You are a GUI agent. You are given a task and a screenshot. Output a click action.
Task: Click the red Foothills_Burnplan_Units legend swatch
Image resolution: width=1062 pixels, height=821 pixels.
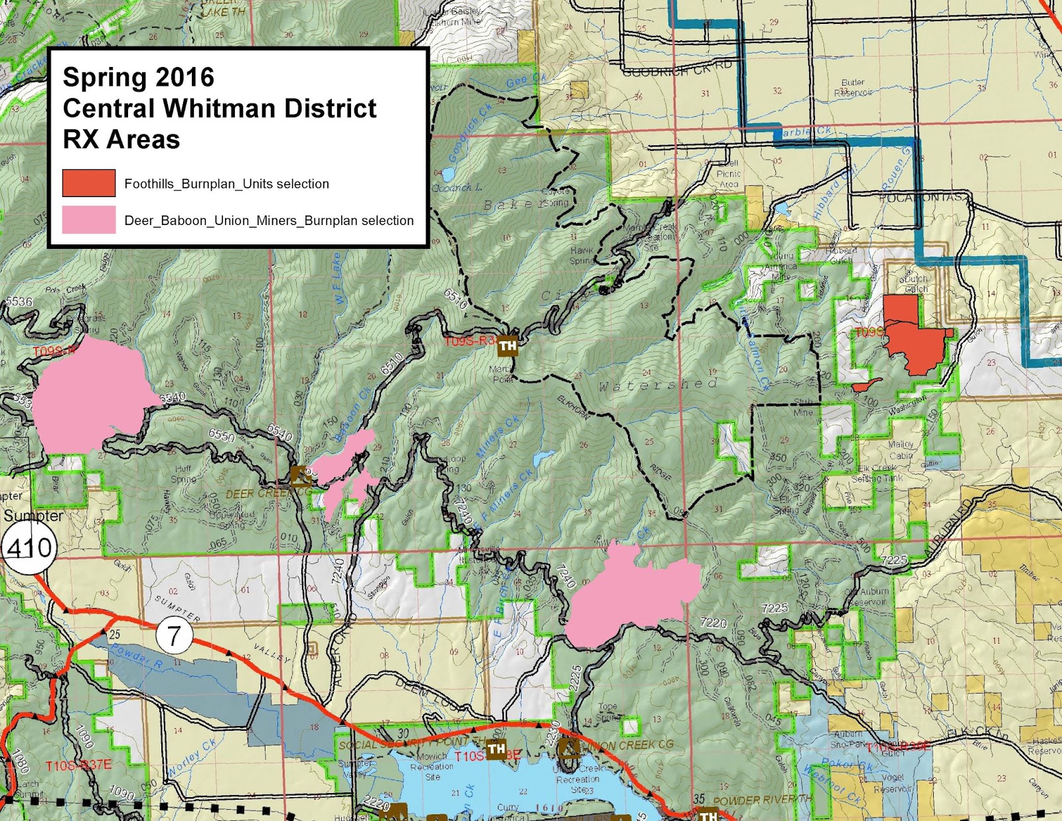click(89, 183)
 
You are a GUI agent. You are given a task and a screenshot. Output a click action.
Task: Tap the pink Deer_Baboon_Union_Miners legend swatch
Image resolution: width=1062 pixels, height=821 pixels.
click(89, 220)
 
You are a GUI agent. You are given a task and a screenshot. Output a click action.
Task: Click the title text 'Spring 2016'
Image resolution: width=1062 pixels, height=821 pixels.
click(138, 77)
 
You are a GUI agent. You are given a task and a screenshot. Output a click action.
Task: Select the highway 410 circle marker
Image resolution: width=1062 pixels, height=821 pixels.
click(29, 548)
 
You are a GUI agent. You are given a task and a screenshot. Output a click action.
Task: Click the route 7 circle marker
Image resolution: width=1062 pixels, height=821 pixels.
click(174, 635)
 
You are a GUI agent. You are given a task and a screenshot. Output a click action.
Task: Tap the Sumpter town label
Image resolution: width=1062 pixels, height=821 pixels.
click(33, 516)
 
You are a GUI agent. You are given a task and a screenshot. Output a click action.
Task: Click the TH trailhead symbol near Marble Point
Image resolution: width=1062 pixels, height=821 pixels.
click(508, 345)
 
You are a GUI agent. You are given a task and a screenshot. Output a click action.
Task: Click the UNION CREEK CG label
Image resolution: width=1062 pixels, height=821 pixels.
click(627, 745)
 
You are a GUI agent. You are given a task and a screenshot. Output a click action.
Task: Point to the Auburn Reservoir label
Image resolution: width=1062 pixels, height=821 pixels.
click(873, 596)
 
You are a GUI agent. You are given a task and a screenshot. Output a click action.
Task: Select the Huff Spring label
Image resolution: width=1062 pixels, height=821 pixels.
click(183, 473)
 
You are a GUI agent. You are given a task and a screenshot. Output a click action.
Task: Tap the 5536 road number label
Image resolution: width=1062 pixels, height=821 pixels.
click(19, 302)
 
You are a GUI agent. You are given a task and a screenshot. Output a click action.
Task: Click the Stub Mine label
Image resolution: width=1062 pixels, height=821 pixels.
click(803, 408)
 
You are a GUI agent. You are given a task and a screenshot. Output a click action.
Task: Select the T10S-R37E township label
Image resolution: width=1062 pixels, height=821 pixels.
click(78, 766)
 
